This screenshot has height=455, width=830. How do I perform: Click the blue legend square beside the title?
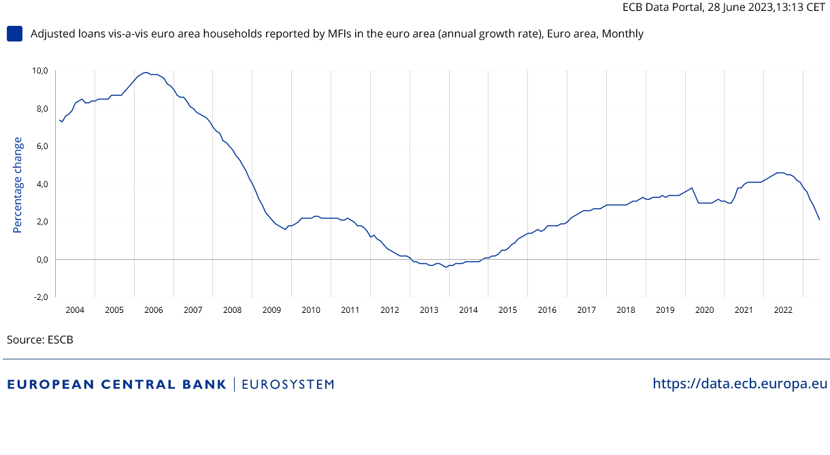click(14, 33)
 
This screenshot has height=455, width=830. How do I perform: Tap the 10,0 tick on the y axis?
click(39, 71)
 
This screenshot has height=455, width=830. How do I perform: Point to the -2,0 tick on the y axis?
click(39, 297)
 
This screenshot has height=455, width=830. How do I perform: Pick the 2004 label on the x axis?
click(75, 310)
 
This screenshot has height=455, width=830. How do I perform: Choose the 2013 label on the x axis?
click(429, 310)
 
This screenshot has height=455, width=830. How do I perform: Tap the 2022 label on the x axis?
click(783, 310)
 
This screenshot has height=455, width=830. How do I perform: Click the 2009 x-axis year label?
click(271, 310)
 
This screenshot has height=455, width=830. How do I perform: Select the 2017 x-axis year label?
click(586, 310)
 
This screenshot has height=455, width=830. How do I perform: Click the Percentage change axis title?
click(18, 184)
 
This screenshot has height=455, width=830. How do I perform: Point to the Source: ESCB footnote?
click(40, 339)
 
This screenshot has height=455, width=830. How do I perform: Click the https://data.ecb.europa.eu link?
click(740, 384)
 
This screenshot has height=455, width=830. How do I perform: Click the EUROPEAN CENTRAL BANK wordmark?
click(116, 384)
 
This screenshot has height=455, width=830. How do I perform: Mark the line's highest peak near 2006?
click(145, 72)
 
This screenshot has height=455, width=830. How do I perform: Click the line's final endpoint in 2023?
click(819, 220)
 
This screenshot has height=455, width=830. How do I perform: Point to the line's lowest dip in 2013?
click(446, 267)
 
